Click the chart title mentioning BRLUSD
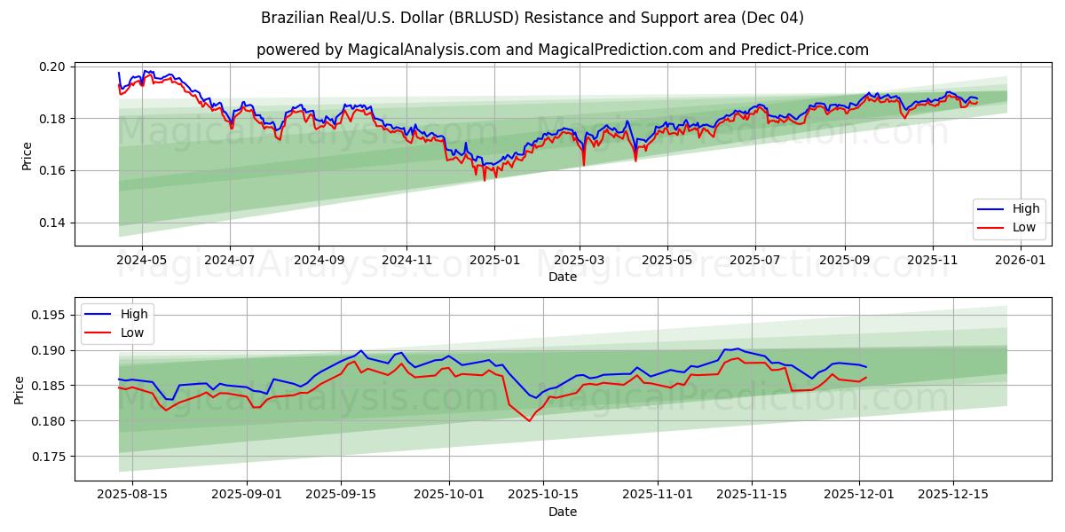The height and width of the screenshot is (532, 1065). click(532, 18)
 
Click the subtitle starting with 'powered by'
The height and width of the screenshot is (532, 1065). click(563, 50)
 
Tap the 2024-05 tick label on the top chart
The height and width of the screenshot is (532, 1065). click(142, 261)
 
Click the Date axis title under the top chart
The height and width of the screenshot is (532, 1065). click(563, 277)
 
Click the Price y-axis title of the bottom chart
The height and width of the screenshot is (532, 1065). click(20, 390)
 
